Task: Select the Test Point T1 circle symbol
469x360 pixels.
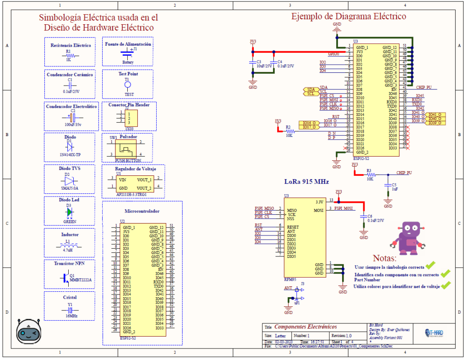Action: click(128, 85)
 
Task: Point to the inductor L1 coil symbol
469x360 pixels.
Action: click(68, 246)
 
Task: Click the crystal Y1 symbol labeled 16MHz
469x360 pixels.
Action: click(70, 310)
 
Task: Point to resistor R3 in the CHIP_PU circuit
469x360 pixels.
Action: click(370, 175)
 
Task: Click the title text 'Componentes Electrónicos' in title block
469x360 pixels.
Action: click(305, 327)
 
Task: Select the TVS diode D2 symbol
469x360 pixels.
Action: click(70, 181)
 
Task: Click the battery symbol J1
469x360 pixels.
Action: click(128, 53)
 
